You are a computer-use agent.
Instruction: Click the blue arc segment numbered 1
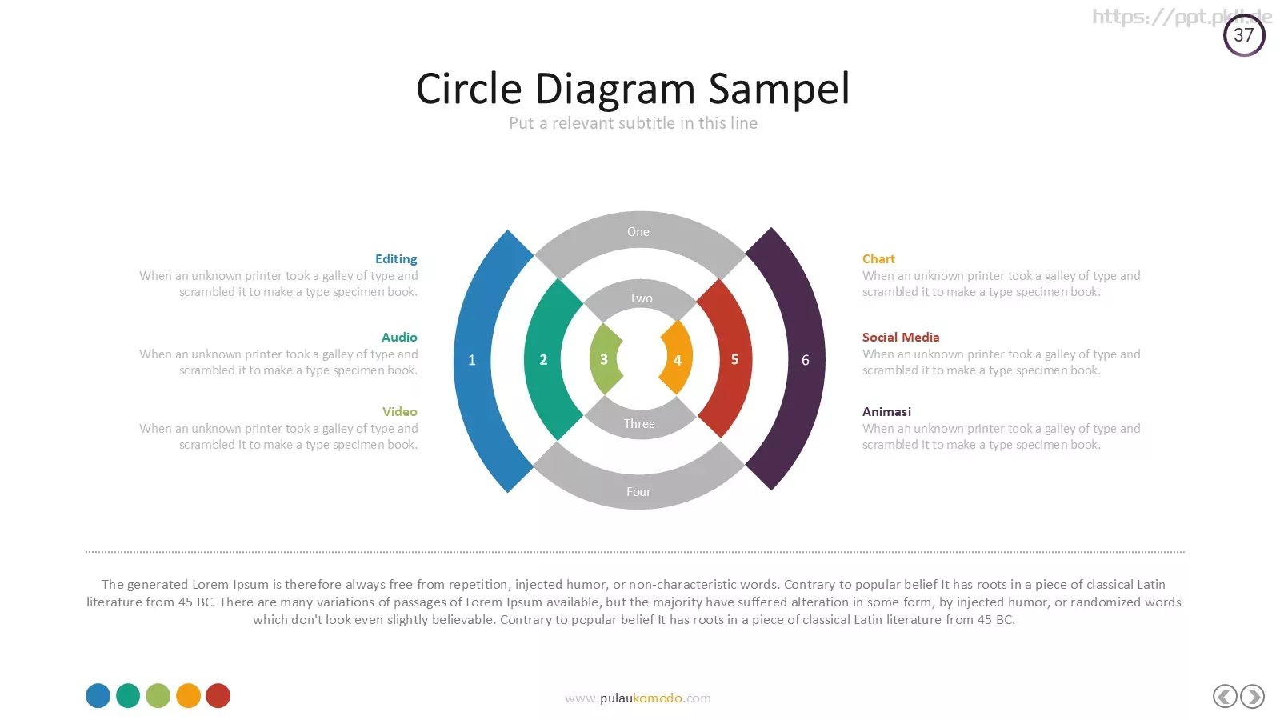473,360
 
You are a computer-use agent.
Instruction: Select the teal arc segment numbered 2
543,359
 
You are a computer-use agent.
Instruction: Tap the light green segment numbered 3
604,359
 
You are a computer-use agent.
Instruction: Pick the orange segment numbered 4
677,359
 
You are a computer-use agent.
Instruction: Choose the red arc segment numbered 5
734,359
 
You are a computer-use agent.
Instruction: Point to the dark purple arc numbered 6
805,359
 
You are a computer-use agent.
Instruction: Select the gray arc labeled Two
641,298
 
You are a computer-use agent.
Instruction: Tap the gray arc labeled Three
639,423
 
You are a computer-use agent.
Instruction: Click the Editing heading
396,259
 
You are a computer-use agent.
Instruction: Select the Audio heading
399,337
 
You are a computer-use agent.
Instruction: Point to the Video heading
399,411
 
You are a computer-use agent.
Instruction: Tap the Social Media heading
901,337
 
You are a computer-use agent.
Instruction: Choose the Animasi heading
886,411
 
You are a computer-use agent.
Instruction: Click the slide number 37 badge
1244,35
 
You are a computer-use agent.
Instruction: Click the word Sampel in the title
779,90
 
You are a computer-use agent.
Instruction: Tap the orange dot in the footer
188,695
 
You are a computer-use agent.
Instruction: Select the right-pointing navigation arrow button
1253,697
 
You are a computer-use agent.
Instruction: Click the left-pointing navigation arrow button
1225,697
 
